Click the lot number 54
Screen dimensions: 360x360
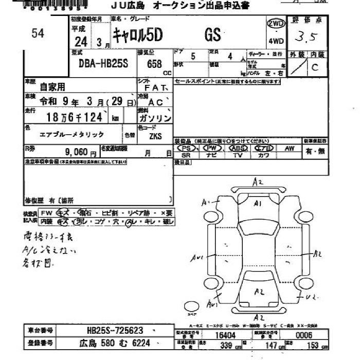[38, 33]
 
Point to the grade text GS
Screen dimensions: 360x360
[212, 35]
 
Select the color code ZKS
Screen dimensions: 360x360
[155, 136]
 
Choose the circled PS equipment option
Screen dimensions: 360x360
[186, 148]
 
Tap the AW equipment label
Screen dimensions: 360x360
[290, 148]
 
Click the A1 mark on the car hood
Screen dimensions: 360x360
[258, 204]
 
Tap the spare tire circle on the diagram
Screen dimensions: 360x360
[192, 306]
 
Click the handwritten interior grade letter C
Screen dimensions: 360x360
[315, 67]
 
